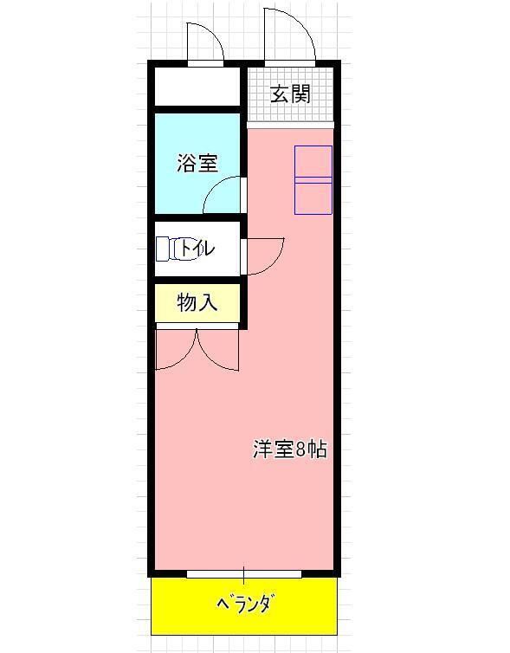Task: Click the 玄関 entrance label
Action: [x=289, y=94]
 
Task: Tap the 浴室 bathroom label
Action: [x=197, y=163]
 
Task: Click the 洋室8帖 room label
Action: [x=289, y=449]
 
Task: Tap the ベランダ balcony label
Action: [x=243, y=603]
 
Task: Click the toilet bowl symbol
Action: [x=168, y=249]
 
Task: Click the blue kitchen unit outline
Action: [x=313, y=179]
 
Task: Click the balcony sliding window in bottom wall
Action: [x=243, y=573]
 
